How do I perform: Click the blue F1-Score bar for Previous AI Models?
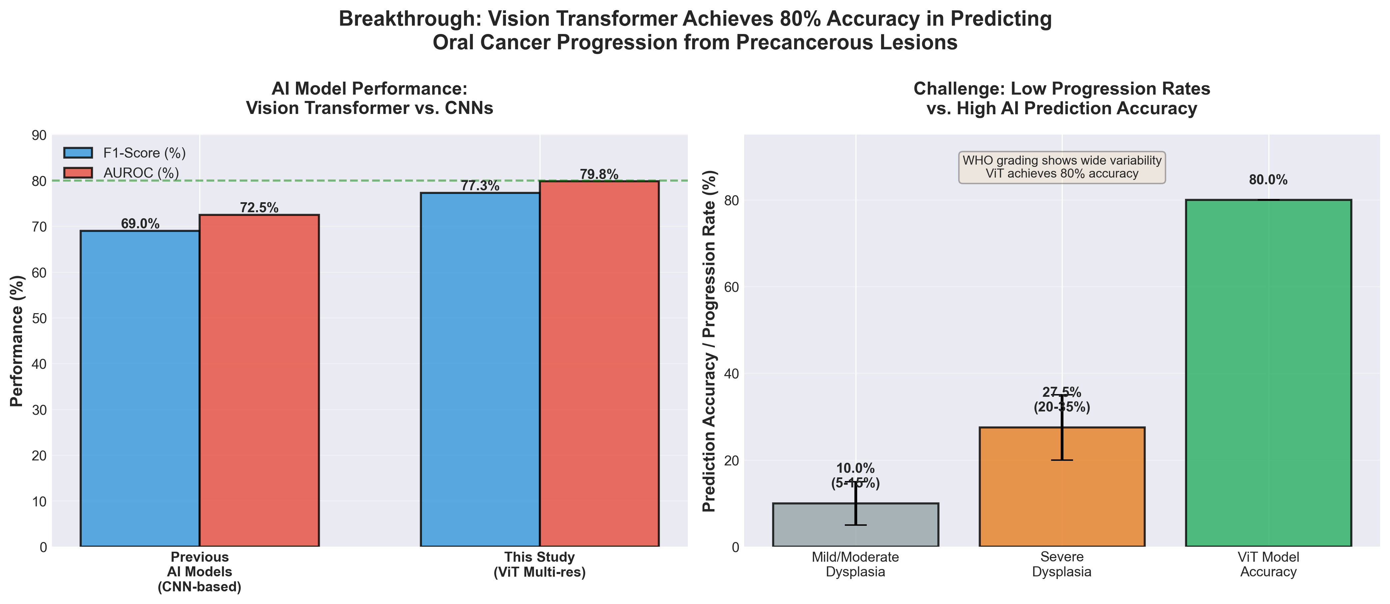pyautogui.click(x=140, y=388)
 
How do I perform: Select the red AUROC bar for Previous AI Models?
pyautogui.click(x=259, y=380)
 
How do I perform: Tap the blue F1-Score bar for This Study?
pyautogui.click(x=480, y=369)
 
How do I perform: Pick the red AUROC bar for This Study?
pyautogui.click(x=599, y=364)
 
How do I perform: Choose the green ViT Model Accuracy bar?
pyautogui.click(x=1268, y=372)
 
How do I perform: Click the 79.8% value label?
pyautogui.click(x=599, y=174)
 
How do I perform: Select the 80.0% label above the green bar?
pyautogui.click(x=1268, y=180)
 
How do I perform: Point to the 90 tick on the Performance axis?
pyautogui.click(x=39, y=135)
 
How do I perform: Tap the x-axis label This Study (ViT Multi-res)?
pyautogui.click(x=540, y=565)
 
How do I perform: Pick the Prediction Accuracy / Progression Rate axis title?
pyautogui.click(x=709, y=341)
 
